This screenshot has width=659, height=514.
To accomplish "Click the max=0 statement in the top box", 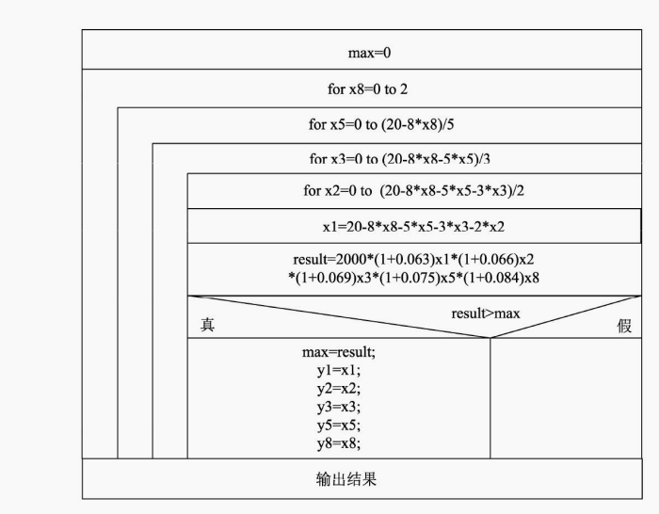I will [369, 53].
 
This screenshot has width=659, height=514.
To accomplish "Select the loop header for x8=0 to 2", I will [367, 89].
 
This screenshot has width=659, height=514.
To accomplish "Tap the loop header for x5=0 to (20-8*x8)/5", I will [386, 124].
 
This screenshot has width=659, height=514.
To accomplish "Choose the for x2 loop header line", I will [413, 191].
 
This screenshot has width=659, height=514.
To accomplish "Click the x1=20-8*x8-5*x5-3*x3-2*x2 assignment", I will [413, 227].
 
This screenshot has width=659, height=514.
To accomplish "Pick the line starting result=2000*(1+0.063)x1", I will [413, 259].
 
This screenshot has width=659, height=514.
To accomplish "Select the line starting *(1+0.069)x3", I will [413, 278].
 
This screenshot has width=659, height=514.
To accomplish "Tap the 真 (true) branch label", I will [207, 325].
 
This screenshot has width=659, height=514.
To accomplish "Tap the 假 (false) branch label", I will [623, 326].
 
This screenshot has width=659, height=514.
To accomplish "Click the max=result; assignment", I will [338, 352].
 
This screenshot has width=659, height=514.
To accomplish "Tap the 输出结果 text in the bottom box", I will [346, 479].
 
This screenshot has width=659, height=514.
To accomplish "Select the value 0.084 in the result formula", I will [501, 278].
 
